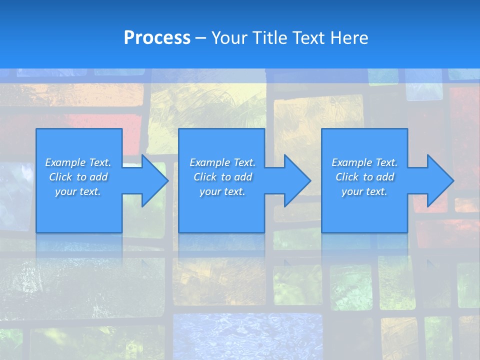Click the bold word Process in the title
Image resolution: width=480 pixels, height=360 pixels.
coord(157,38)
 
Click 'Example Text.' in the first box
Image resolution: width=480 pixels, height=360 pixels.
coord(78,162)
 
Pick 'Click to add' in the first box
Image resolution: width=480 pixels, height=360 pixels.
coord(78,177)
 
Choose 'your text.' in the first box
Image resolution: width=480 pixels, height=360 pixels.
coord(78,191)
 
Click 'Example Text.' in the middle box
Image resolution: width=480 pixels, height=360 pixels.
coord(222,162)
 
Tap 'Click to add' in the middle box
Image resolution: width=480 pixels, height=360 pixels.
coord(222,177)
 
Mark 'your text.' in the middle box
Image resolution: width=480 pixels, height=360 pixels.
coord(222,191)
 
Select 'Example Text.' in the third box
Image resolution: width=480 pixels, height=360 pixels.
coord(364,162)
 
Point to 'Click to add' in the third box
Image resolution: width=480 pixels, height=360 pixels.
coord(364,177)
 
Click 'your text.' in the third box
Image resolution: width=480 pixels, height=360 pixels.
coord(364,191)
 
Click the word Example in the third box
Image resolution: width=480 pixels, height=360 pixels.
coord(352,162)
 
